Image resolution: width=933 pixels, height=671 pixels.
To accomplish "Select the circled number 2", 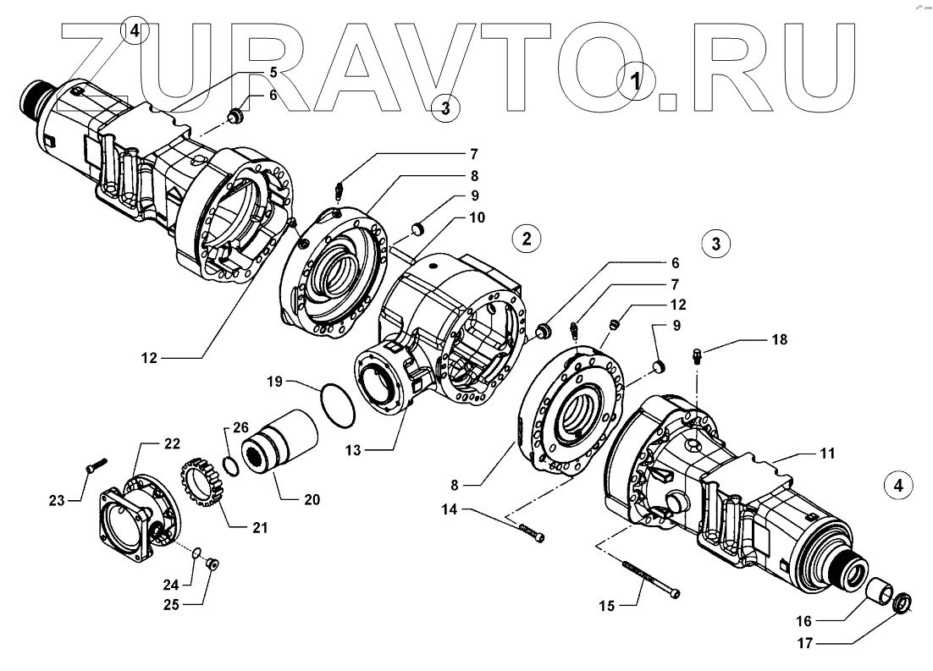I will pos(527,239).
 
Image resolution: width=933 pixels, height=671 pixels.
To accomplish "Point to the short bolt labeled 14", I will pos(530,531).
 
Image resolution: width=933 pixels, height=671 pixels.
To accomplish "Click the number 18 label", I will pos(779,339).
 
